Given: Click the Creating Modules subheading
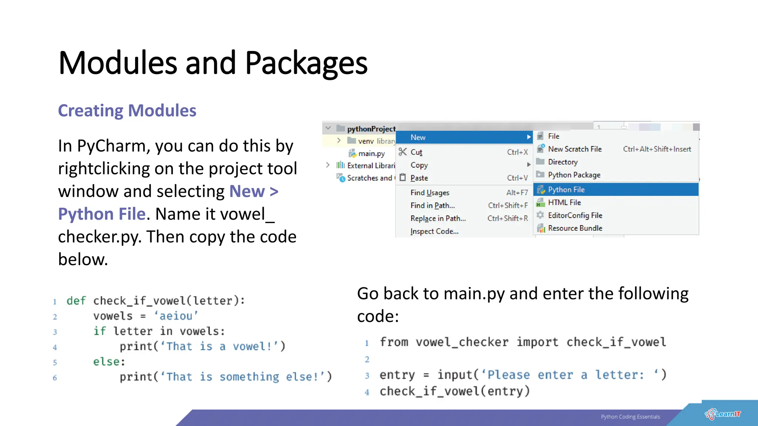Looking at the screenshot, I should pyautogui.click(x=127, y=111).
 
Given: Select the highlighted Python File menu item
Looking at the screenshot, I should pyautogui.click(x=566, y=190).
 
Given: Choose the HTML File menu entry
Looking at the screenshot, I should pyautogui.click(x=564, y=203).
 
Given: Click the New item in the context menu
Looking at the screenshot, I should pyautogui.click(x=418, y=138).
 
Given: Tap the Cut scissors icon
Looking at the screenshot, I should pyautogui.click(x=403, y=152).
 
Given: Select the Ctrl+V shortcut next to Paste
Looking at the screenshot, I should pyautogui.click(x=517, y=178).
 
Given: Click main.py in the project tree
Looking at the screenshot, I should pyautogui.click(x=371, y=153).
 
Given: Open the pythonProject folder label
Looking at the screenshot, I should pyautogui.click(x=371, y=129).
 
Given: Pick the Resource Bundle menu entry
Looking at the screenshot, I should pyautogui.click(x=575, y=228).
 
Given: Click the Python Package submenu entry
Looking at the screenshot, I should pyautogui.click(x=574, y=175).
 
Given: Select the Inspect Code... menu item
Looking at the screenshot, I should pyautogui.click(x=434, y=231).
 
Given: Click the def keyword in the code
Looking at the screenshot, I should pyautogui.click(x=76, y=301).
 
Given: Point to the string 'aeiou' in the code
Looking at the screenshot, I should pyautogui.click(x=176, y=316).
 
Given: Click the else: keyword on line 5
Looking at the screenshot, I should pyautogui.click(x=109, y=361).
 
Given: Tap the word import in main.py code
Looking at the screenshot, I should pyautogui.click(x=537, y=342).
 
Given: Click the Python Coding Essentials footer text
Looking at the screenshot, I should pyautogui.click(x=630, y=417).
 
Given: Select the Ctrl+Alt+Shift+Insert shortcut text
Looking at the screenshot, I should pyautogui.click(x=657, y=149).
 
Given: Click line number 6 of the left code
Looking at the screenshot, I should pyautogui.click(x=55, y=378).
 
